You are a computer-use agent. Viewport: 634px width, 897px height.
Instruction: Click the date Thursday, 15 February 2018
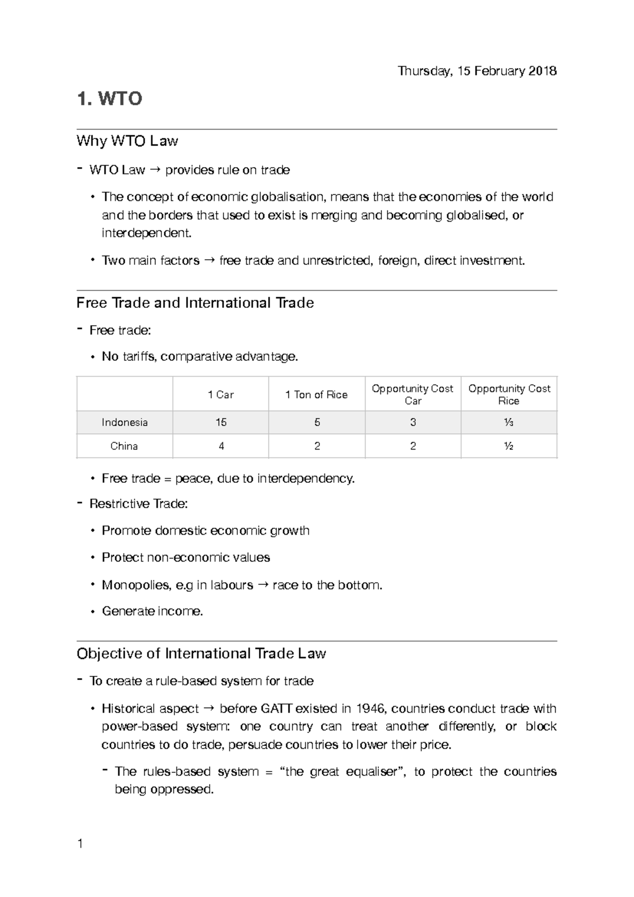click(477, 71)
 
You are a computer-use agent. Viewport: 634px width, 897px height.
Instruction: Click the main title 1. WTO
click(109, 99)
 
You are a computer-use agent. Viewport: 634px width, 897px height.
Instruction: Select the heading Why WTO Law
click(127, 141)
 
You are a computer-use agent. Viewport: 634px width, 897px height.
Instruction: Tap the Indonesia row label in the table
click(125, 423)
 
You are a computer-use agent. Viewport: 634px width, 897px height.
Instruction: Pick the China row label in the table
click(124, 446)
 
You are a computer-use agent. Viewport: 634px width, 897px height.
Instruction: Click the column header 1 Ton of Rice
click(316, 395)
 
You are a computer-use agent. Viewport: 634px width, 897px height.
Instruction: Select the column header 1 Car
click(221, 395)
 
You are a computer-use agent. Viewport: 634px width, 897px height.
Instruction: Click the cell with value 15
click(221, 423)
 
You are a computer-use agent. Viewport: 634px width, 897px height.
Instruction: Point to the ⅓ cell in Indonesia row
click(509, 423)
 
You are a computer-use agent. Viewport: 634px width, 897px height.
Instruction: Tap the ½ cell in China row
click(509, 446)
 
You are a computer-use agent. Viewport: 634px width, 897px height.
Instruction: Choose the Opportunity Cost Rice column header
click(509, 395)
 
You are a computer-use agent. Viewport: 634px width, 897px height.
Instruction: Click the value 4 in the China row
click(221, 446)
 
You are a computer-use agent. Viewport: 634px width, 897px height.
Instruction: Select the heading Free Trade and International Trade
click(195, 303)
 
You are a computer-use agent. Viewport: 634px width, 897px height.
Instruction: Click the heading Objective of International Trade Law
click(201, 654)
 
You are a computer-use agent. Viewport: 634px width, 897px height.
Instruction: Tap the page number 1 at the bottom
click(80, 844)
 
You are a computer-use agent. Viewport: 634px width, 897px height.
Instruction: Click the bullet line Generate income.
click(152, 612)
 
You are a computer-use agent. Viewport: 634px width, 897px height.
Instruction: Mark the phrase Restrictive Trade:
click(138, 504)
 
